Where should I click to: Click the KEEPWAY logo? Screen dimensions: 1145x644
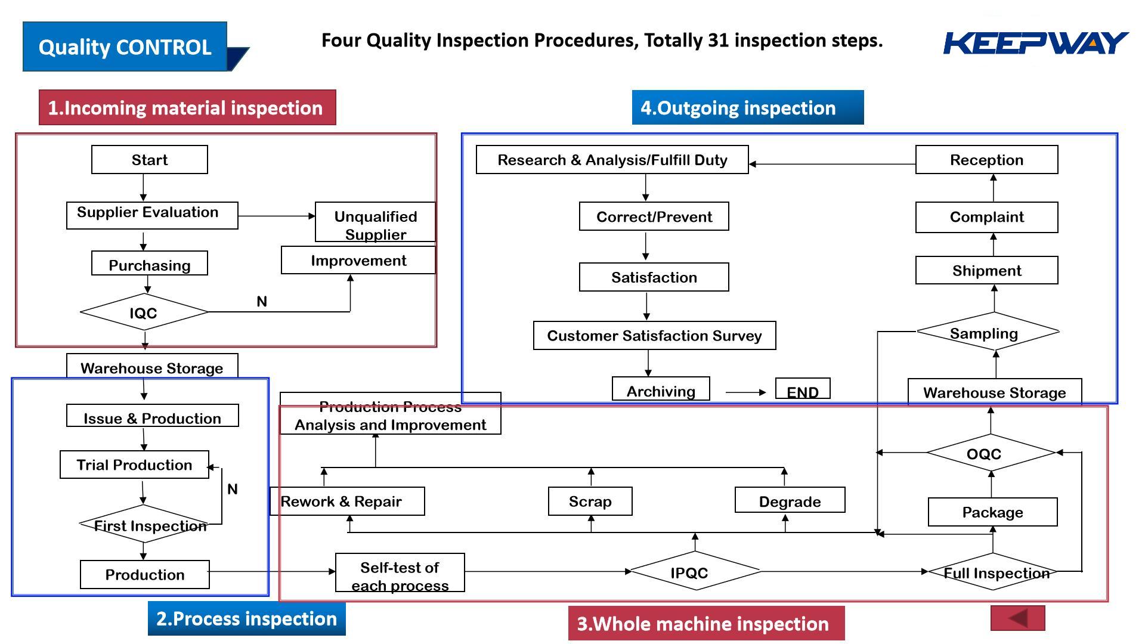1036,43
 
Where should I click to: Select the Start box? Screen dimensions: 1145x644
150,160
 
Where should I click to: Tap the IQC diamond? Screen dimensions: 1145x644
144,312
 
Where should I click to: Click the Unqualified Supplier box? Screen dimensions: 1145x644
375,222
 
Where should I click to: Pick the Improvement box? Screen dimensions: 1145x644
358,260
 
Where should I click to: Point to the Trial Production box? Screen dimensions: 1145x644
135,465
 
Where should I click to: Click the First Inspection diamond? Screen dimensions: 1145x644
144,524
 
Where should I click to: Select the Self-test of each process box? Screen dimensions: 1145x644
400,572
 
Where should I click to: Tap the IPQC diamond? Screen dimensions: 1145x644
695,571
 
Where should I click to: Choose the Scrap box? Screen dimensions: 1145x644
590,501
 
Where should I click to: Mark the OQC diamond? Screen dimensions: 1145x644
991,453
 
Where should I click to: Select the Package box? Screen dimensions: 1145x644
993,512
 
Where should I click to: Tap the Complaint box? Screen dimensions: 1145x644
987,217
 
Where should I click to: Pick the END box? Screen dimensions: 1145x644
803,389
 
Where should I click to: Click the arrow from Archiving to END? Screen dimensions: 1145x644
746,392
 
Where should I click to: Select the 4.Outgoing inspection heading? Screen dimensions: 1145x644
748,107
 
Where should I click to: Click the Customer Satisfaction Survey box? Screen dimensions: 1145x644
655,336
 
